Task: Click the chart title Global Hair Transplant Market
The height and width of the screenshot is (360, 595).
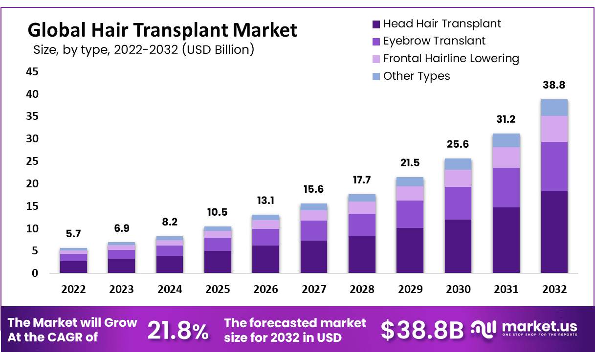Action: (162, 30)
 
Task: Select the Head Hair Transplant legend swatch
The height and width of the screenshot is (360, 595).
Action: (375, 24)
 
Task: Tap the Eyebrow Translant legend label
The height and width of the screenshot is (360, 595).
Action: (434, 41)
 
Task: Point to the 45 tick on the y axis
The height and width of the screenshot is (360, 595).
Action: (32, 72)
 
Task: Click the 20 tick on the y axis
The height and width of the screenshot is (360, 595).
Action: (32, 184)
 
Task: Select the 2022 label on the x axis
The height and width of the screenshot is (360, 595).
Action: (73, 290)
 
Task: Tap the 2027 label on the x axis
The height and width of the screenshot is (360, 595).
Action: (314, 290)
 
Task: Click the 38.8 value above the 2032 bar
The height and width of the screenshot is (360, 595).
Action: (554, 85)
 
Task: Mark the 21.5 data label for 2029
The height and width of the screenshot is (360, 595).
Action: (410, 163)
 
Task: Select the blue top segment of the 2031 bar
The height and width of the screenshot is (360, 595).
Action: (506, 140)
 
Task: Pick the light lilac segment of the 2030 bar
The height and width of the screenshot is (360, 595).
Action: (458, 178)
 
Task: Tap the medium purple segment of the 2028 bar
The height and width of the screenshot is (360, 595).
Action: (362, 225)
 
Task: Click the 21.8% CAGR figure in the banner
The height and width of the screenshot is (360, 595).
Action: (177, 331)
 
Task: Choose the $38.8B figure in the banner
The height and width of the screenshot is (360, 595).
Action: (422, 331)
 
